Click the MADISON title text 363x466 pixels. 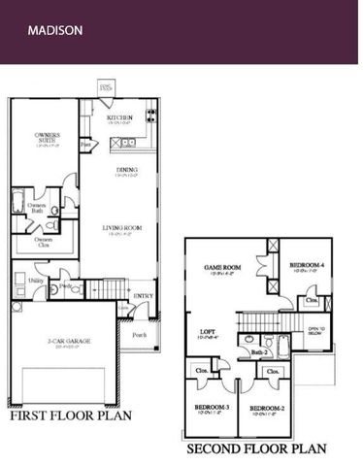tap(54, 30)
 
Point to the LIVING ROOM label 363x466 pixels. tap(123, 228)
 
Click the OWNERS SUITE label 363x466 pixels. tap(47, 137)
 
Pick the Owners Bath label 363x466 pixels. tap(37, 206)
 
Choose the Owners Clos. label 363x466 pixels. tap(44, 240)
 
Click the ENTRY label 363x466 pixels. tap(143, 295)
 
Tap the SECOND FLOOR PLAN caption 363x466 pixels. tap(255, 449)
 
